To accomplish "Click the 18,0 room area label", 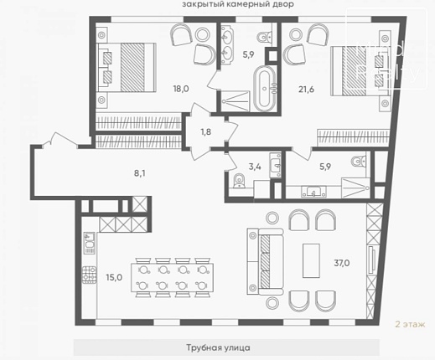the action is pyautogui.click(x=181, y=89).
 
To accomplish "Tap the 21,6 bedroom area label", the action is pyautogui.click(x=306, y=90).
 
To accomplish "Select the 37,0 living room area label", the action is pyautogui.click(x=342, y=263).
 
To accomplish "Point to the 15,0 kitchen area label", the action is pyautogui.click(x=114, y=277).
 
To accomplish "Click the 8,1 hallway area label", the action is pyautogui.click(x=139, y=173).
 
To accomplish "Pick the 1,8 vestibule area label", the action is pyautogui.click(x=205, y=131).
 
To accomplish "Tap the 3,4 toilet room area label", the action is pyautogui.click(x=255, y=167).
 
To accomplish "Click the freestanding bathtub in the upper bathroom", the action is pyautogui.click(x=265, y=89).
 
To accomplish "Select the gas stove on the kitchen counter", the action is pyautogui.click(x=89, y=275).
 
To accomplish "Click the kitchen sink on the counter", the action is pyautogui.click(x=90, y=243).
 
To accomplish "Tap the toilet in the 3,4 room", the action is pyautogui.click(x=238, y=181).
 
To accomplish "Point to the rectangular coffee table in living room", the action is pyautogui.click(x=311, y=260).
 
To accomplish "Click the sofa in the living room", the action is pyautogui.click(x=266, y=262).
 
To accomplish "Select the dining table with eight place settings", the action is pyautogui.click(x=172, y=277).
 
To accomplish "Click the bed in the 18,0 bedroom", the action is pyautogui.click(x=127, y=67).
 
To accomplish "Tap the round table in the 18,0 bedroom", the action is pyautogui.click(x=203, y=34).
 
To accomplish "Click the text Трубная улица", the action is pyautogui.click(x=218, y=347).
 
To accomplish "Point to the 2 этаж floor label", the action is pyautogui.click(x=410, y=324).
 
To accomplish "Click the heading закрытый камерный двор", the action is pyautogui.click(x=238, y=4).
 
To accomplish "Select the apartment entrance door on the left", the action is pyautogui.click(x=60, y=139).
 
